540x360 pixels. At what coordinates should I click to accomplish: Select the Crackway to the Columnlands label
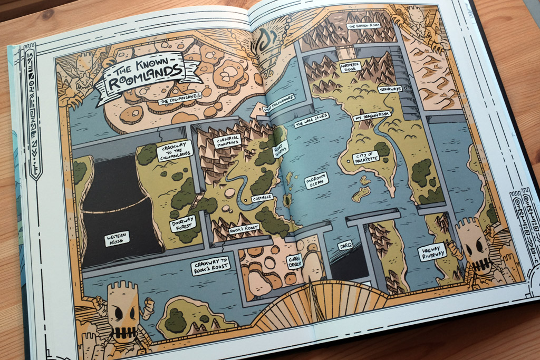[x=175, y=150]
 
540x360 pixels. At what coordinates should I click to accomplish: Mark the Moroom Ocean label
[x=316, y=180]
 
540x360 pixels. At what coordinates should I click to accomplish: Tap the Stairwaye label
[x=390, y=89]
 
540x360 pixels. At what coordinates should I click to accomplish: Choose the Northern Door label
[x=350, y=67]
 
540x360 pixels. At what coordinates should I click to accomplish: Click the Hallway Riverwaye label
[x=432, y=253]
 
